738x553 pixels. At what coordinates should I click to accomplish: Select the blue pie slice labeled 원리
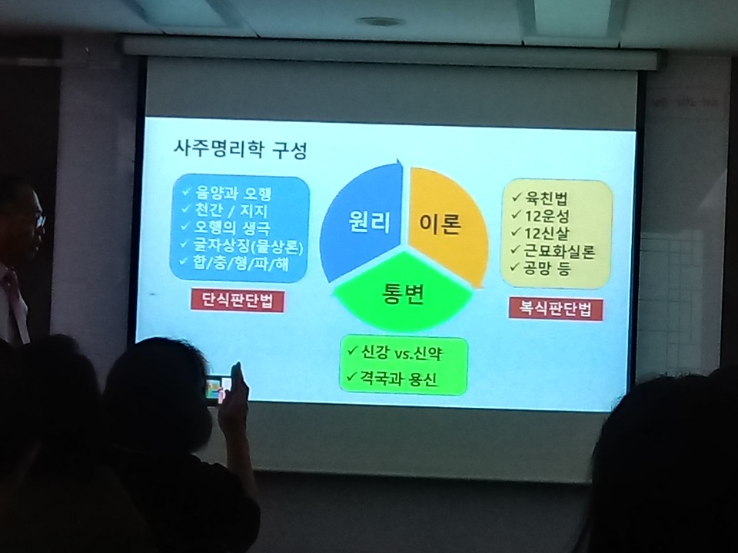(x=361, y=221)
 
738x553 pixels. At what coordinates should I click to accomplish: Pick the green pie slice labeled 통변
(x=403, y=293)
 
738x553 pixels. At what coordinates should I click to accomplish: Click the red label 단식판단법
(x=238, y=300)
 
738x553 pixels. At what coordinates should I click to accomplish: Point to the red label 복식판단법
(x=555, y=309)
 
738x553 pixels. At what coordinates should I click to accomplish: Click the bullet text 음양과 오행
(x=233, y=193)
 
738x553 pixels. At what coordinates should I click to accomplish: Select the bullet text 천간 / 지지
(x=231, y=210)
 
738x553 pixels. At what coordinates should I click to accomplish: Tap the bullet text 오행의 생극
(x=232, y=227)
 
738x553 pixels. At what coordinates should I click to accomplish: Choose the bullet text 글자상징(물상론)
(x=248, y=246)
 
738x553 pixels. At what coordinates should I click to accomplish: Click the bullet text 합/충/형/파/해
(x=241, y=263)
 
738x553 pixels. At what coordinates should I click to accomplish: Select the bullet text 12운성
(x=547, y=216)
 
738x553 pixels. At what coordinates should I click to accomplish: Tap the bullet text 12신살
(x=547, y=233)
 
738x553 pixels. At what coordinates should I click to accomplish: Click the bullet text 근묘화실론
(x=559, y=251)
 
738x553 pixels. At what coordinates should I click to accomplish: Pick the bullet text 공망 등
(x=547, y=268)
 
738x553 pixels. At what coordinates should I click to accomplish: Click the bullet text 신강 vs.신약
(x=401, y=353)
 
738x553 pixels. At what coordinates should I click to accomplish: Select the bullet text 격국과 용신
(x=399, y=378)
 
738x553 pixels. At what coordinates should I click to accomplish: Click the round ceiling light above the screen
(x=381, y=22)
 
